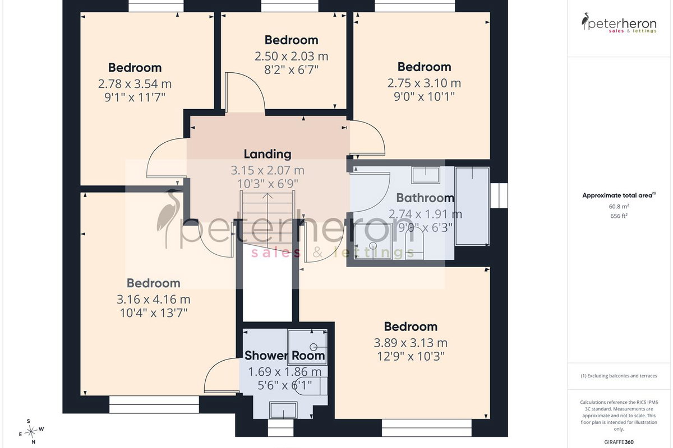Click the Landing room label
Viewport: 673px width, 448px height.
(268, 154)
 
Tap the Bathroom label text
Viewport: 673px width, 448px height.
(425, 198)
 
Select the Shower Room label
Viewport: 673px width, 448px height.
(285, 356)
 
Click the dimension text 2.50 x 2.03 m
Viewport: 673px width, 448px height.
(292, 57)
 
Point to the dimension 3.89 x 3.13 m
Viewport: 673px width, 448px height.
(411, 343)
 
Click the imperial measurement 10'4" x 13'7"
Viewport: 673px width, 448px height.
(154, 313)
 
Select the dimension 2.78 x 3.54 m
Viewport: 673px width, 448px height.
(135, 83)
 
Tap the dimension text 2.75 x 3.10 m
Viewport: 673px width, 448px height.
(424, 83)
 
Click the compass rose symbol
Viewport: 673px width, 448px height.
(31, 432)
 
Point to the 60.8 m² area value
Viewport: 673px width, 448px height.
(619, 207)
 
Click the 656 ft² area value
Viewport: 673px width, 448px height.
(619, 216)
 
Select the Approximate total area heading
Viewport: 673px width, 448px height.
(619, 195)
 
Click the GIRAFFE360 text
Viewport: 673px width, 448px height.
(619, 442)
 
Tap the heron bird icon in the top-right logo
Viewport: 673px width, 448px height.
(585, 21)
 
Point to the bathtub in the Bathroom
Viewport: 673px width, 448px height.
(472, 206)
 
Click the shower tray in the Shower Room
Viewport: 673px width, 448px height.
(307, 347)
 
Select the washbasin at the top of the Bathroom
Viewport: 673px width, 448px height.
(426, 175)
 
